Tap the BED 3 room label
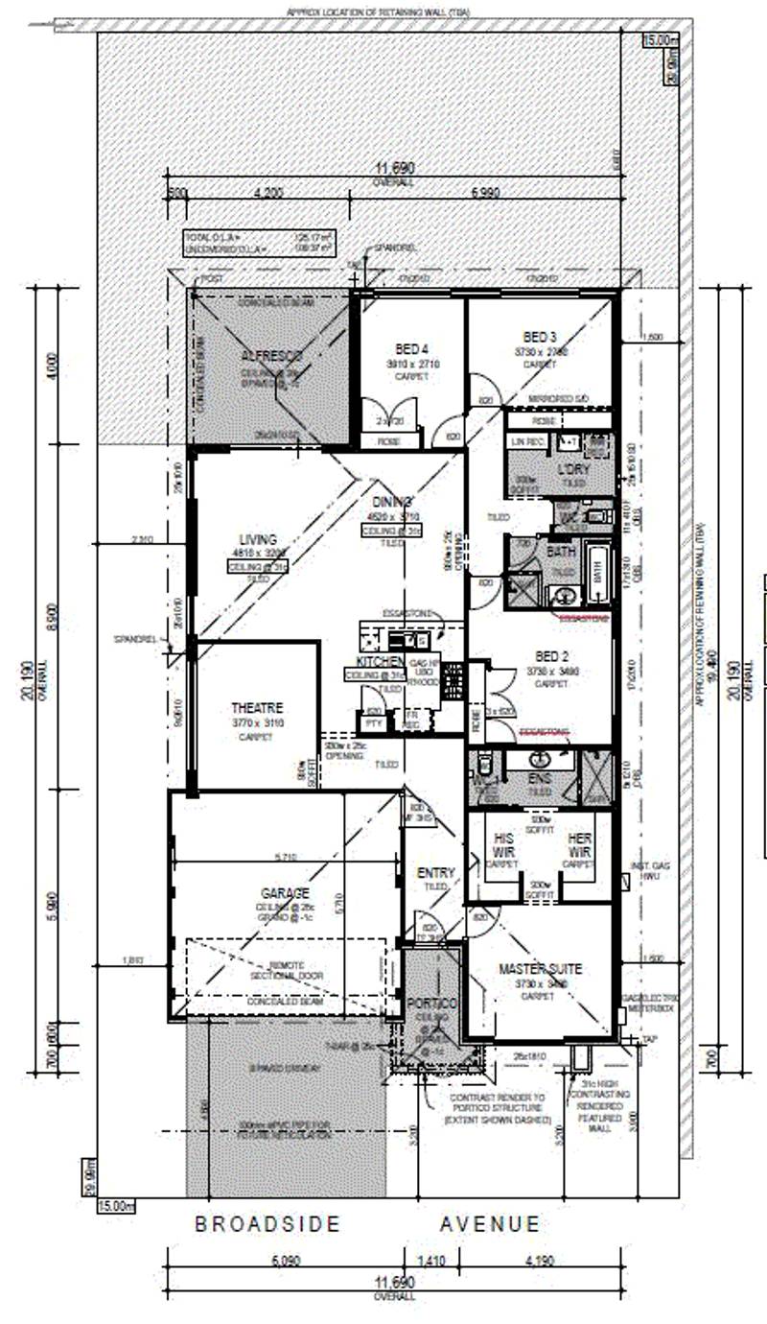[x=540, y=337]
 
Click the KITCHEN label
[x=378, y=663]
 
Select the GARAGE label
[x=281, y=892]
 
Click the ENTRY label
[x=436, y=873]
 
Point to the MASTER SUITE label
[x=540, y=970]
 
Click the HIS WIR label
[x=503, y=844]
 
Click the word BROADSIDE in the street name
[x=267, y=1224]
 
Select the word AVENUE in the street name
[x=490, y=1224]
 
